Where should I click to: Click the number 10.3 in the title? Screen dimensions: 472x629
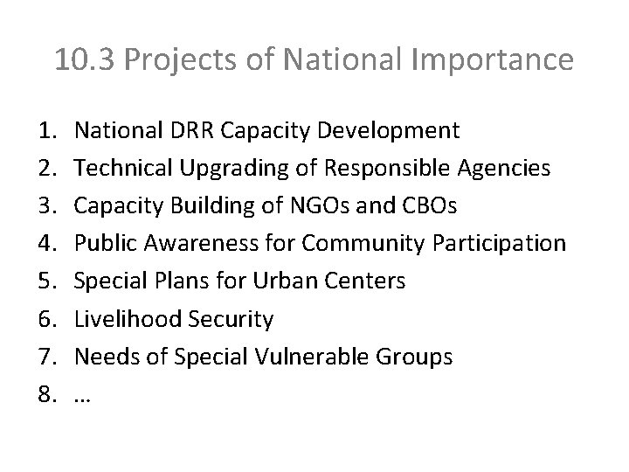(79, 60)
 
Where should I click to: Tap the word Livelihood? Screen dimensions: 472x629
(126, 319)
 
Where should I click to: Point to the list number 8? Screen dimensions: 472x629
(47, 394)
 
